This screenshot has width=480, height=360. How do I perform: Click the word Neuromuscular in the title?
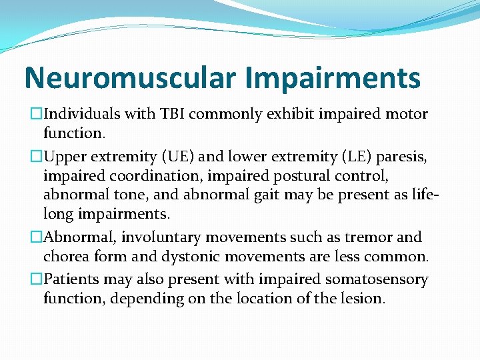click(x=129, y=77)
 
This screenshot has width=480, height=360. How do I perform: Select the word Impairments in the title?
click(x=333, y=77)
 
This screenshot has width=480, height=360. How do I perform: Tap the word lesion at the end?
click(x=363, y=298)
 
